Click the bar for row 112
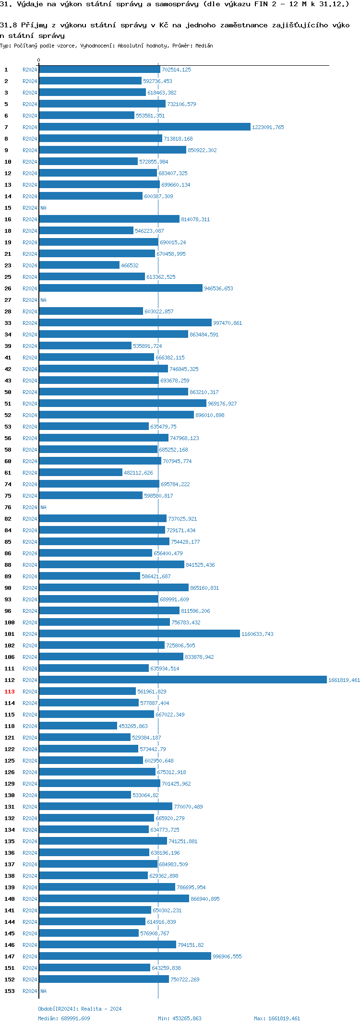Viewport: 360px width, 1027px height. [182, 680]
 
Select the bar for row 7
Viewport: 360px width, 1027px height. [144, 127]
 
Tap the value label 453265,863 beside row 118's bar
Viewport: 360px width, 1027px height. [133, 726]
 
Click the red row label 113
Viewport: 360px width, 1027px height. [9, 692]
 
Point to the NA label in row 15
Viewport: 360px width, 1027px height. [43, 208]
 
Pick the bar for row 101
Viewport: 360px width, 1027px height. [139, 633]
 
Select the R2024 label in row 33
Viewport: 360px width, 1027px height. [30, 323]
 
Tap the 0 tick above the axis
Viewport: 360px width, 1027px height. [39, 60]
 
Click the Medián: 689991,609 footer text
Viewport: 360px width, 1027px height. [64, 1018]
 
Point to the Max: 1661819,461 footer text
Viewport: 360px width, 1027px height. [277, 1018]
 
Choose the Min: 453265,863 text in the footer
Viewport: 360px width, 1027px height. [180, 1018]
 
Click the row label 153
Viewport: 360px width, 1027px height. [9, 991]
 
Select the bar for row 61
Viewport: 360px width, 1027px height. [81, 472]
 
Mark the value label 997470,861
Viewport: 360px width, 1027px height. [228, 323]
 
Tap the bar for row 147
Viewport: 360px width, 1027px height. [125, 956]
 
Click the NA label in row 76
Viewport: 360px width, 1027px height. [43, 507]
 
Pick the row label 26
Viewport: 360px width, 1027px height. [8, 288]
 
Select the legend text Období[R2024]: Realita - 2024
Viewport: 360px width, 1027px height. [80, 1008]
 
